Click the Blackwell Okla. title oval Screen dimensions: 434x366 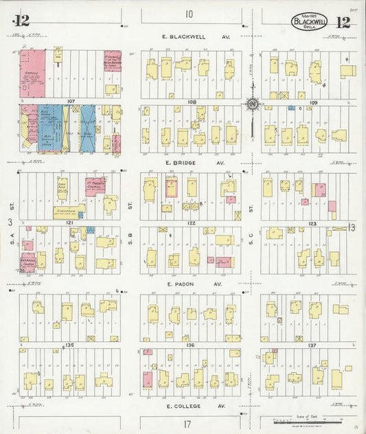[x=310, y=21]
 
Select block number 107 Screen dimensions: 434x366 [x=70, y=102]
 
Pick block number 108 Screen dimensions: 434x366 [x=192, y=102]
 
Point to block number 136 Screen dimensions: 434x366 [x=192, y=345]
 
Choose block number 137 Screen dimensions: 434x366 [x=312, y=345]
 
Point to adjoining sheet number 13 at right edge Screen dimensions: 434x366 [x=352, y=227]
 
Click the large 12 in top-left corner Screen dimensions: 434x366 [x=21, y=21]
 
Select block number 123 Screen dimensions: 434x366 [x=312, y=223]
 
